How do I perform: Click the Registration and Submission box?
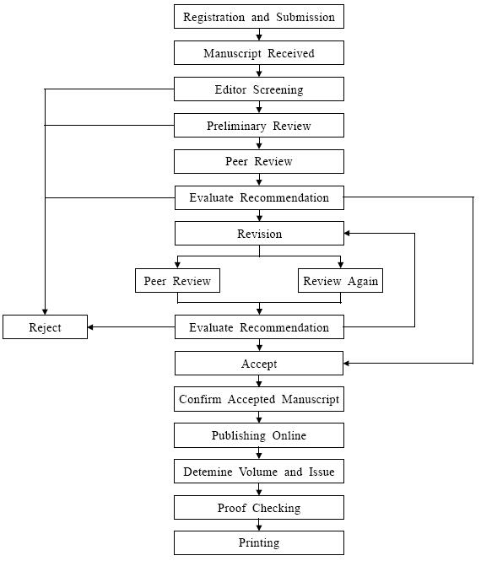coord(259,17)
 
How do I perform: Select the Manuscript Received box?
coord(259,53)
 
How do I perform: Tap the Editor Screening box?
coord(259,89)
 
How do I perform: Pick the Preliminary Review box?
coord(259,126)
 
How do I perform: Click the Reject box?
coord(45,327)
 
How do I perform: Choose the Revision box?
coord(259,234)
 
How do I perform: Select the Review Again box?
coord(340,281)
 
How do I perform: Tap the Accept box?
coord(259,364)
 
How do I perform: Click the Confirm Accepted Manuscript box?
coord(259,399)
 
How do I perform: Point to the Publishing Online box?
coord(259,435)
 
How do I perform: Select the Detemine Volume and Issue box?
coord(259,472)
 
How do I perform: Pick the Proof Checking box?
coord(259,508)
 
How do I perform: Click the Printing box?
coord(259,542)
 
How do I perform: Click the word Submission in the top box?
coord(305,17)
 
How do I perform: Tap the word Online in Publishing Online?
coord(289,435)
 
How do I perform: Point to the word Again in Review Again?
coord(363,281)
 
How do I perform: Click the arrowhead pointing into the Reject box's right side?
coord(90,327)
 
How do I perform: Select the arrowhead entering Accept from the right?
coord(347,364)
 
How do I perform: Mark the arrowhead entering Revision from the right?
coord(347,234)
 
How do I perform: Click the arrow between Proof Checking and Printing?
coord(259,526)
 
